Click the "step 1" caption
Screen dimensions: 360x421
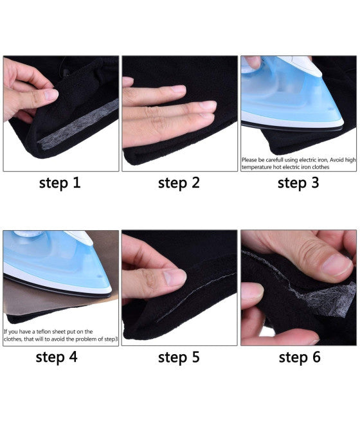point(60,183)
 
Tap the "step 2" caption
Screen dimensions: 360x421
point(179,183)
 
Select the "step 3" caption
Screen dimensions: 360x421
point(298,183)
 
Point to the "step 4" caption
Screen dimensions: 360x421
point(57,357)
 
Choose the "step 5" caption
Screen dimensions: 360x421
point(179,357)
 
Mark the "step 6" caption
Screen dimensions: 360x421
point(300,357)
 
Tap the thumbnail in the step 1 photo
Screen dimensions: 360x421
point(51,95)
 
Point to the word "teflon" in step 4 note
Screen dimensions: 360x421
point(44,331)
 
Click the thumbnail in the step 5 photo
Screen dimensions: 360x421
point(175,277)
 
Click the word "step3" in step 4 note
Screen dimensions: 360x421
point(111,339)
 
